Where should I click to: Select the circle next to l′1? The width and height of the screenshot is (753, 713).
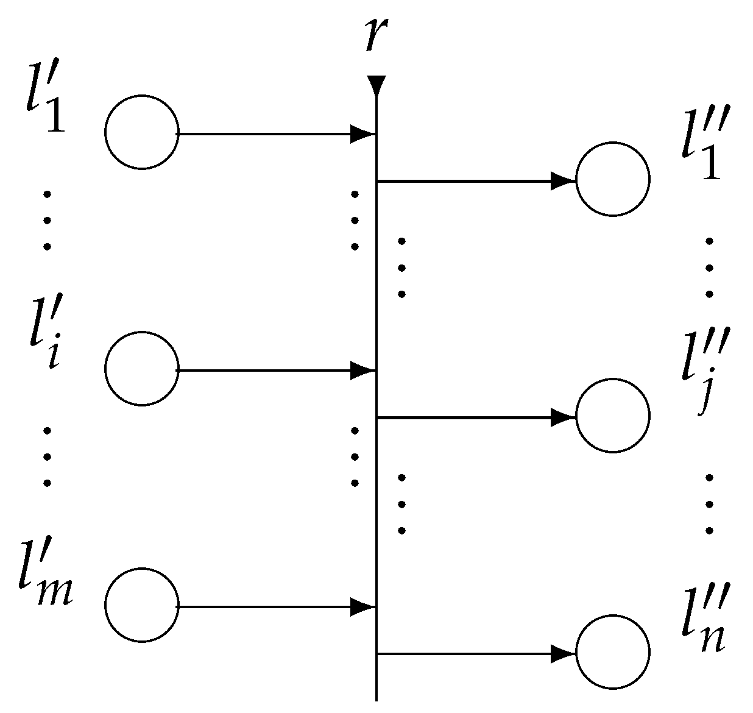pos(141,132)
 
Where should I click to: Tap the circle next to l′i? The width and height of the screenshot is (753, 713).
pos(141,369)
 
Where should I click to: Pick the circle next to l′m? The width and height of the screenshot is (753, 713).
pos(141,605)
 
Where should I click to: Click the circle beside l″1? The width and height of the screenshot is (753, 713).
pos(612,179)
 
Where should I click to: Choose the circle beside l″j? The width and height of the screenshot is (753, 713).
pos(612,416)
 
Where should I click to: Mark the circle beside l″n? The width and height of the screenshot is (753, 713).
pos(612,652)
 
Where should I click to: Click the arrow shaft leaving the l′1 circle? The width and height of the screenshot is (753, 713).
pos(262,133)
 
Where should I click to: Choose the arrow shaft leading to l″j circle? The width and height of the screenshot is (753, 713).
pos(463,417)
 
